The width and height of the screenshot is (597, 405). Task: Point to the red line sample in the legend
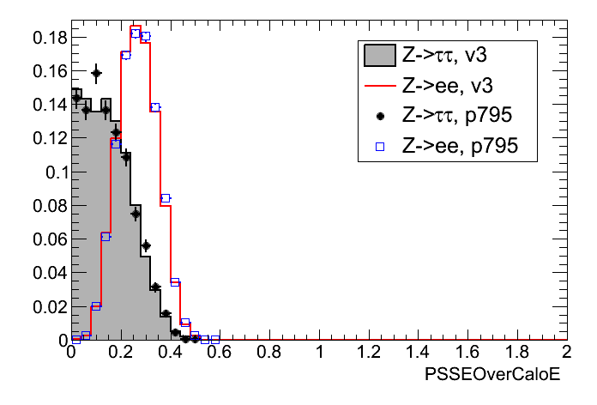click(378, 87)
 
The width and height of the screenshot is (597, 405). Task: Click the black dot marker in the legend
click(378, 117)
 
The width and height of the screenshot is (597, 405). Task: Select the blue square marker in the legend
click(378, 147)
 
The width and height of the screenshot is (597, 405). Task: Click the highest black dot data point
click(96, 74)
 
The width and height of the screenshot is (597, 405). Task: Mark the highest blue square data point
click(136, 33)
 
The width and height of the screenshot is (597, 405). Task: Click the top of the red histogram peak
click(136, 26)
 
